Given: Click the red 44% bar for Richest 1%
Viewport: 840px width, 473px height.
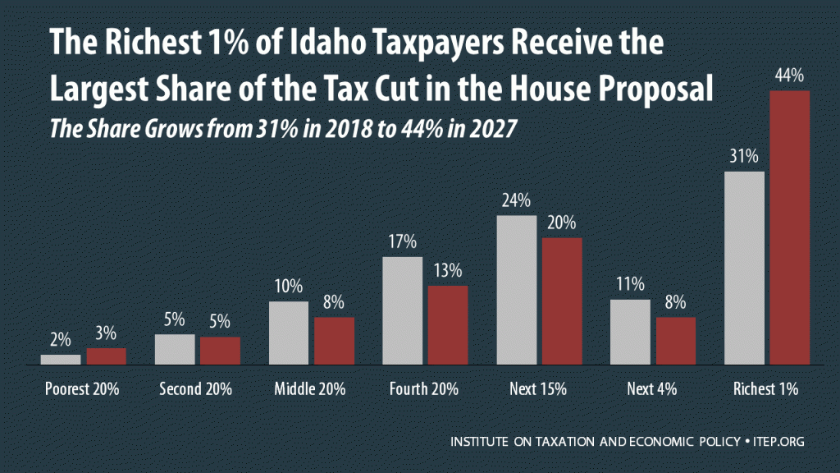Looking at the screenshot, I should (x=790, y=227).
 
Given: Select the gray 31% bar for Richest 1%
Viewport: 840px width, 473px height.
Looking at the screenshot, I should (x=744, y=268).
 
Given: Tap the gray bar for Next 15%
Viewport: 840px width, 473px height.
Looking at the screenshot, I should (x=517, y=289).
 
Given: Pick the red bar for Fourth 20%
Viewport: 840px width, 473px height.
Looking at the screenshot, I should (x=448, y=324).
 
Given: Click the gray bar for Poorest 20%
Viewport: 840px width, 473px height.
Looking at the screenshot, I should (x=61, y=359).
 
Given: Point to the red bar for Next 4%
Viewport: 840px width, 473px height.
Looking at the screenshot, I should (x=675, y=340).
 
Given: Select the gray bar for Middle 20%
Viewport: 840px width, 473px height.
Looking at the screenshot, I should (x=289, y=333).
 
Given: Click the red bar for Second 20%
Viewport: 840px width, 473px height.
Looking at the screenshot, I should (x=220, y=350).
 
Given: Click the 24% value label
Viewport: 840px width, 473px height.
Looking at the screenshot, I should (x=517, y=201).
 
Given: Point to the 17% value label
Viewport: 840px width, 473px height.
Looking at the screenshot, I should (x=403, y=243).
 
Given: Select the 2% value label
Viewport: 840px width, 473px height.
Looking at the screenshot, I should (x=61, y=341).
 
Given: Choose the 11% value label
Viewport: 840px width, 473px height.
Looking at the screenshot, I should (x=630, y=286).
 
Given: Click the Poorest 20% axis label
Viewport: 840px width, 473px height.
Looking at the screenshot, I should (x=83, y=389).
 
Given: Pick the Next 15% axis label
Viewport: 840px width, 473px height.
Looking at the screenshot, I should (x=539, y=389).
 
